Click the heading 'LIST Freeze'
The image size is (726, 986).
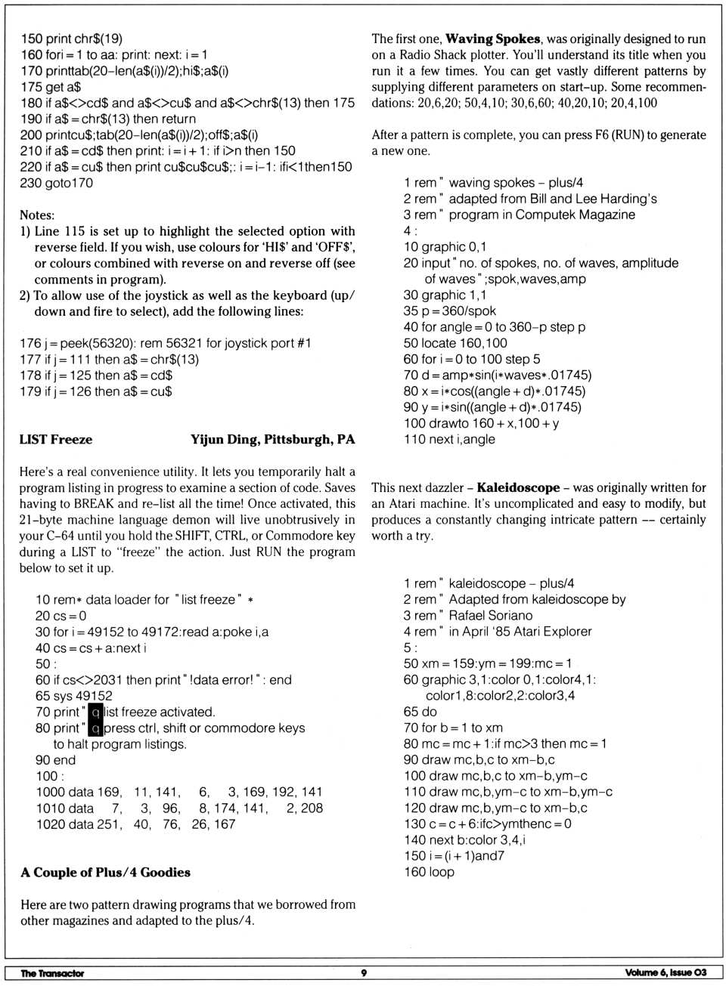[56, 440]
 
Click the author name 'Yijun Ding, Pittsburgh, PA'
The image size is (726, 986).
[272, 440]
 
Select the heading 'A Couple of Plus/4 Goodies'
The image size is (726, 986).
[105, 873]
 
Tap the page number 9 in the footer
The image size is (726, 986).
[364, 973]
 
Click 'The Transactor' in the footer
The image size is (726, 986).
[52, 973]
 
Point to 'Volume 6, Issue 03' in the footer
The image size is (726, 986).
[665, 973]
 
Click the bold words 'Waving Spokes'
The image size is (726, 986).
[492, 39]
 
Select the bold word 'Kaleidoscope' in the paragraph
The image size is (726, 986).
[518, 488]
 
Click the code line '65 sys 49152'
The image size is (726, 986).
[74, 696]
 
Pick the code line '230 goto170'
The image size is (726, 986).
[57, 183]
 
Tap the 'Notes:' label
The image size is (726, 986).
[37, 215]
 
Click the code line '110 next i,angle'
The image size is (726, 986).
[449, 440]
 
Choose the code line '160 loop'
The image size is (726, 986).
[429, 872]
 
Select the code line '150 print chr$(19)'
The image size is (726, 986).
[72, 39]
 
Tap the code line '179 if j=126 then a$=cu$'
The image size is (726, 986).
[96, 391]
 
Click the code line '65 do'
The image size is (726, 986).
[420, 712]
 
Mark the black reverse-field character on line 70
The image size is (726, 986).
[96, 712]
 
